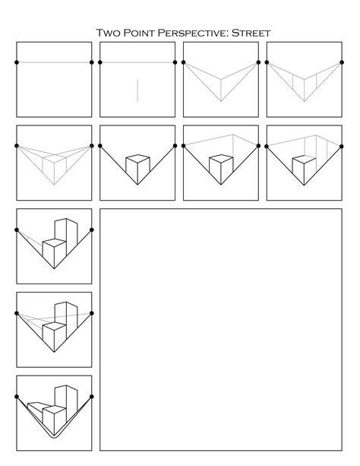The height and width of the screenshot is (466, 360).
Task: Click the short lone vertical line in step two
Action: point(137,90)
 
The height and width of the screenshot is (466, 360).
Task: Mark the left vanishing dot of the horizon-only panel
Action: point(17,62)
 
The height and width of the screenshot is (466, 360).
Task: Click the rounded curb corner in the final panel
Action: point(54,438)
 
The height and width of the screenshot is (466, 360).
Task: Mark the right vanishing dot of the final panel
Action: point(92,396)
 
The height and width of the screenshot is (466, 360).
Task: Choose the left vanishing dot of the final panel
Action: point(17,396)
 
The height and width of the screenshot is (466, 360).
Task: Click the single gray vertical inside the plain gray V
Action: point(221,90)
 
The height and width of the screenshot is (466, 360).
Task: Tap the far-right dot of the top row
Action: point(342,62)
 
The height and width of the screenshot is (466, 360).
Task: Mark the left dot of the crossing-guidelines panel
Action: point(17,312)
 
